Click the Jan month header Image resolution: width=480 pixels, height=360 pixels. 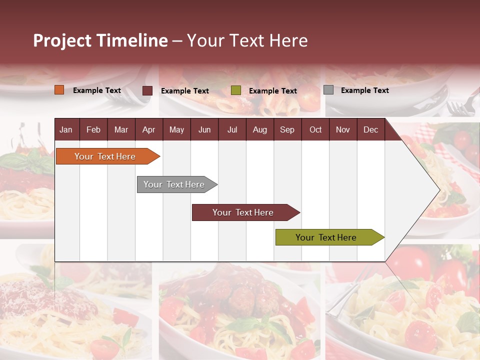pyautogui.click(x=66, y=130)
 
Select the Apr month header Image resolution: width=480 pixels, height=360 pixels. pyautogui.click(x=148, y=130)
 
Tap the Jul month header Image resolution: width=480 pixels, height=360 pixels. pyautogui.click(x=232, y=130)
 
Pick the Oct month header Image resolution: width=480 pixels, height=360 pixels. pyautogui.click(x=315, y=130)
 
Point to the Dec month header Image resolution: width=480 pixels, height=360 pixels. pyautogui.click(x=370, y=130)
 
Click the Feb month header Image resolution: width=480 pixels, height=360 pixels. pyautogui.click(x=93, y=130)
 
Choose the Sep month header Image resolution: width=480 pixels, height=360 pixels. pyautogui.click(x=287, y=130)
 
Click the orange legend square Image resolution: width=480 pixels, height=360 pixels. pyautogui.click(x=59, y=90)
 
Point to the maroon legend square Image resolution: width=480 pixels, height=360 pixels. pyautogui.click(x=147, y=90)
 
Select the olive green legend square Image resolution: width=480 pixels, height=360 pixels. pyautogui.click(x=236, y=90)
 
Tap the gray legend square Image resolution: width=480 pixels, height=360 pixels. pyautogui.click(x=328, y=90)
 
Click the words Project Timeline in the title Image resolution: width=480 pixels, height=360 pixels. pyautogui.click(x=100, y=40)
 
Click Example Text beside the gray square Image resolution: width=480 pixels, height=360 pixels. pyautogui.click(x=364, y=90)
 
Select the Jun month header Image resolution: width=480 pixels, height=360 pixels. pyautogui.click(x=204, y=130)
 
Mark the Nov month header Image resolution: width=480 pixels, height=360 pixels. pyautogui.click(x=343, y=130)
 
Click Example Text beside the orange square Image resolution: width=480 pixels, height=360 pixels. pyautogui.click(x=97, y=90)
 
